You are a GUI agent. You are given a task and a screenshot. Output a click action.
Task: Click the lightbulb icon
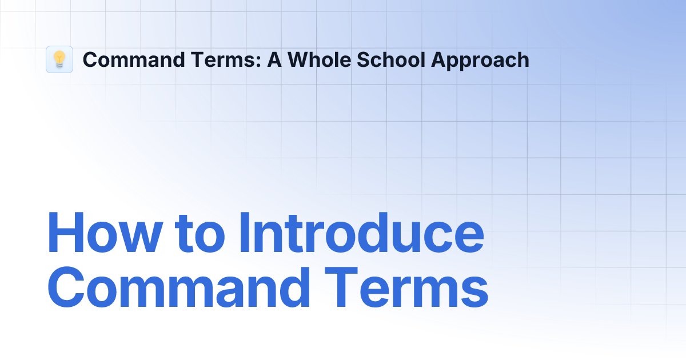[x=59, y=59]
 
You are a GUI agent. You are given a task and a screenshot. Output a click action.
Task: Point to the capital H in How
[x=65, y=233]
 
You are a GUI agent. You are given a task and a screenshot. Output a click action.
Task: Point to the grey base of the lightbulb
[x=59, y=66]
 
